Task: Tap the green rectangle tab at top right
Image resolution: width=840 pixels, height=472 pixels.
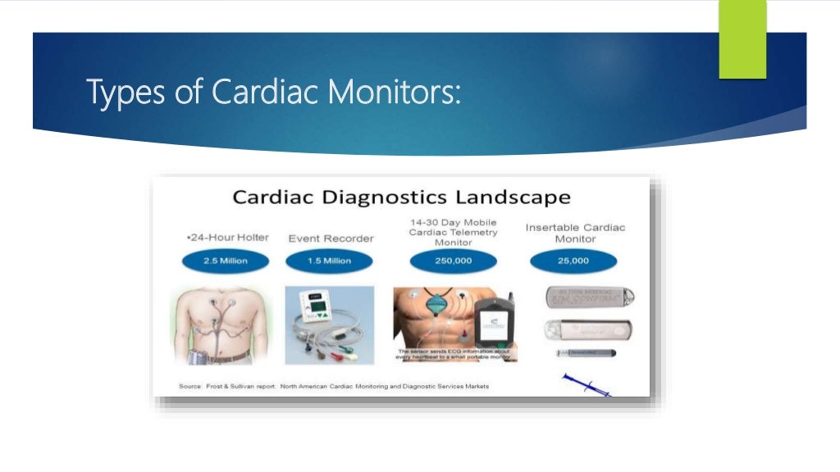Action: coord(742,39)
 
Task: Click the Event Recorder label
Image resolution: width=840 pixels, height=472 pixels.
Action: coord(331,238)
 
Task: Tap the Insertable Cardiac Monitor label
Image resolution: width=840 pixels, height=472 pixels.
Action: coord(575,233)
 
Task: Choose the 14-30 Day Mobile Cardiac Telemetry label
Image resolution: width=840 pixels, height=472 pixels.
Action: coord(452,232)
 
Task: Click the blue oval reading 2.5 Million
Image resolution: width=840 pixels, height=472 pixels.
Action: coord(214,261)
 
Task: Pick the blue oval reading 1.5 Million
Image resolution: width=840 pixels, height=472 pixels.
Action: coord(329,261)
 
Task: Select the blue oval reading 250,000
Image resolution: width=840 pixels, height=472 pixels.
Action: coord(454,261)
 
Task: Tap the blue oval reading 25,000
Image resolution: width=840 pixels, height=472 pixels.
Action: coord(573,261)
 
